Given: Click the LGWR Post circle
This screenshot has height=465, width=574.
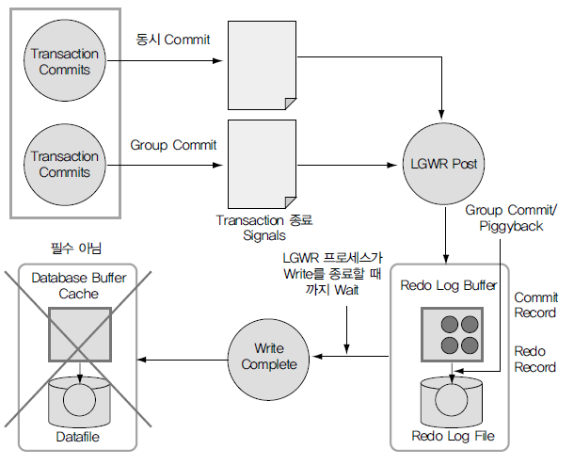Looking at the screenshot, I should click(x=441, y=164).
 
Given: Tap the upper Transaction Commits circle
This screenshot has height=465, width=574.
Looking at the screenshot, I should click(x=64, y=61).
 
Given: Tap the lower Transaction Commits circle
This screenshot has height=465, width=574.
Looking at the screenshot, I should click(x=64, y=164).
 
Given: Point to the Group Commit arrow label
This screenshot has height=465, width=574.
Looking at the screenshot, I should click(x=173, y=145).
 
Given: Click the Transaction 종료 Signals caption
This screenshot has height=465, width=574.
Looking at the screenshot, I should click(x=264, y=227).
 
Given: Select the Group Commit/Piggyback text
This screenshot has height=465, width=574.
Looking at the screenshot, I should click(x=511, y=218).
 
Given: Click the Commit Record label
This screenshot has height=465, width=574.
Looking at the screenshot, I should click(x=534, y=305).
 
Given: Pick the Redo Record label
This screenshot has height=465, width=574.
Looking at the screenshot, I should click(x=534, y=359).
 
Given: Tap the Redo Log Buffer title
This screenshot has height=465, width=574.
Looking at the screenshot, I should click(x=448, y=284).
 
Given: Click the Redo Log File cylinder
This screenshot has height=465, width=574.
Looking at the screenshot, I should click(x=454, y=403).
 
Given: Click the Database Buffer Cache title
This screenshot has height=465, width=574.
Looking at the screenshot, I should click(x=79, y=286).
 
